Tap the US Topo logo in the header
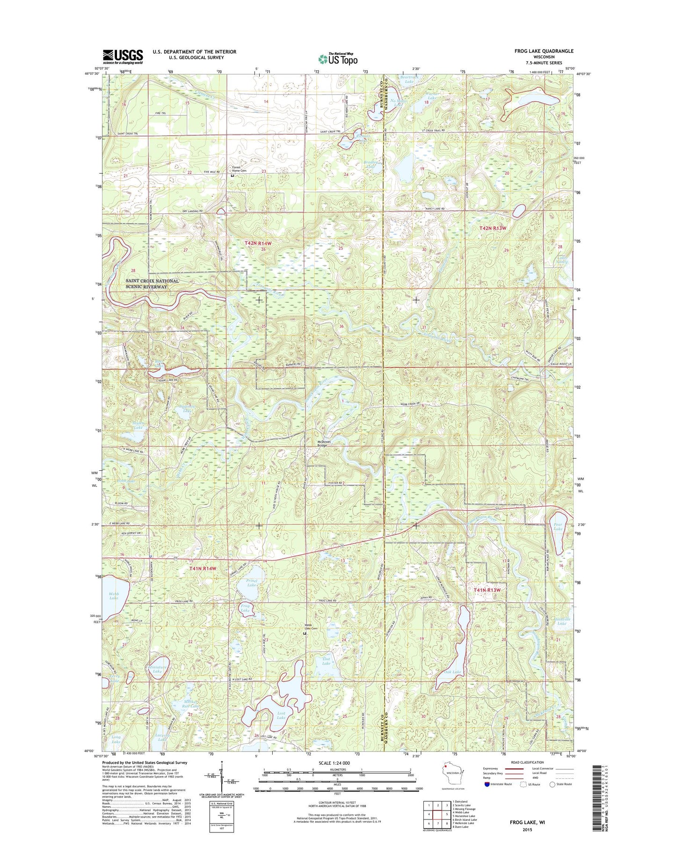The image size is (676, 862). pos(338,59)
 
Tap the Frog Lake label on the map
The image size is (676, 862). pos(245,608)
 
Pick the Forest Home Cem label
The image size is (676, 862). pos(237,169)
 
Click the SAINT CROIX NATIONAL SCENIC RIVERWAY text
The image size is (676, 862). pos(152,284)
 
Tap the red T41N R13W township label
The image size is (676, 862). pos(487,590)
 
